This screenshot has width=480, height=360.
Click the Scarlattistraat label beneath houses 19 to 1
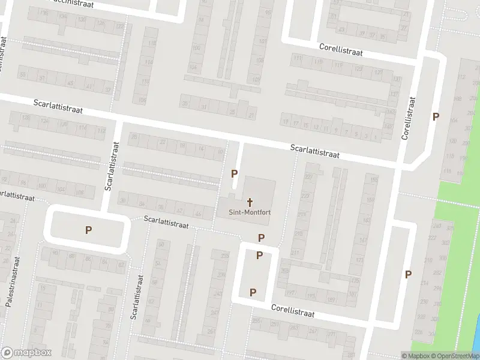pyautogui.click(x=315, y=151)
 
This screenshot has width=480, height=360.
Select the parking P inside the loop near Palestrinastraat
pyautogui.click(x=88, y=230)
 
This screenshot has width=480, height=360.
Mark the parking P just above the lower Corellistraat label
pyautogui.click(x=253, y=292)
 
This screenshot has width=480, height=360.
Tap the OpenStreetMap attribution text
pyautogui.click(x=454, y=356)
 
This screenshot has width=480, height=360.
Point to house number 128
pyautogui.click(x=25, y=118)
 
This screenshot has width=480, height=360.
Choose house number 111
pyautogui.click(x=297, y=58)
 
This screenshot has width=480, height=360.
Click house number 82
pyautogui.click(x=105, y=262)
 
